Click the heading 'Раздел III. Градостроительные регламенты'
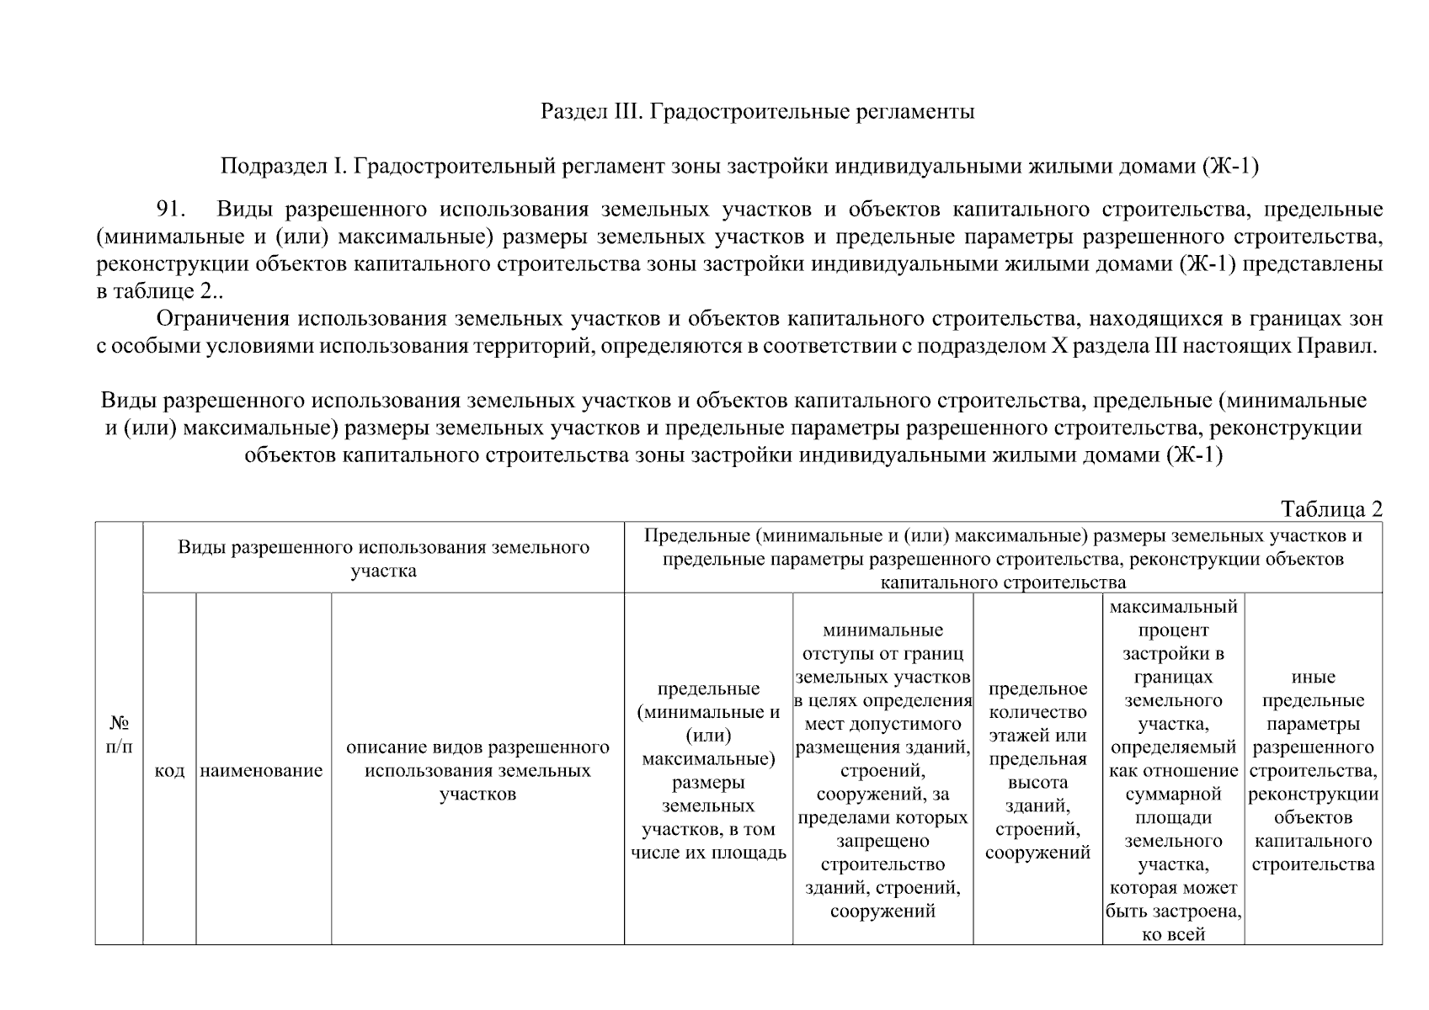(x=757, y=111)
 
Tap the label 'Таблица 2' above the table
(x=1331, y=509)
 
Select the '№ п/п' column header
(x=120, y=735)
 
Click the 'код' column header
(x=170, y=771)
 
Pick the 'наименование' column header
(x=262, y=771)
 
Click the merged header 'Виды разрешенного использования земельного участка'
(x=383, y=558)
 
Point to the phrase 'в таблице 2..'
(x=160, y=291)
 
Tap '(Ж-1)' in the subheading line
(x=1230, y=167)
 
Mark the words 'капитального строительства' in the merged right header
(x=1003, y=582)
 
